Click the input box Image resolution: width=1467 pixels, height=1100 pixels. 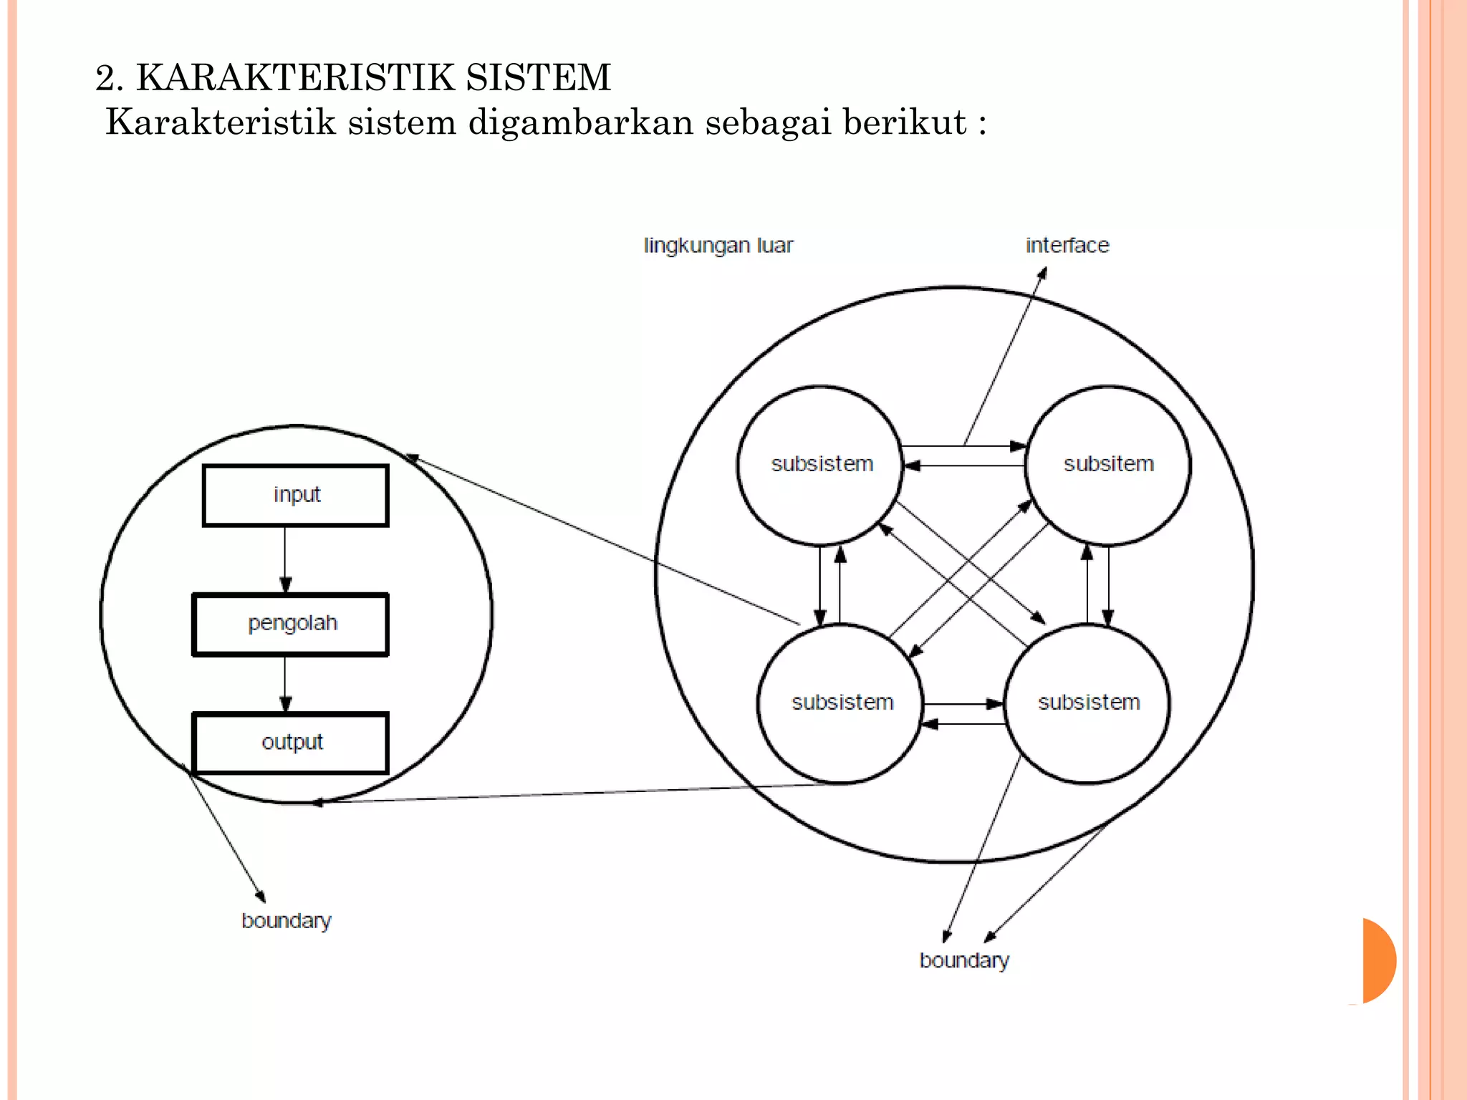point(296,495)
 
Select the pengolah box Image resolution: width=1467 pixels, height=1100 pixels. point(291,624)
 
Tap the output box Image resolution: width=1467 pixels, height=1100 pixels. point(291,743)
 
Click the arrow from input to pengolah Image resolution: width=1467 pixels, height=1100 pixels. point(285,559)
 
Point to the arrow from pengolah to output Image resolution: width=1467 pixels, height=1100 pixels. point(285,683)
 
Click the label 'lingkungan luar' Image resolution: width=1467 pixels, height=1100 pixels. point(718,246)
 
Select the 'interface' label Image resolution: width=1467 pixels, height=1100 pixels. point(1067,246)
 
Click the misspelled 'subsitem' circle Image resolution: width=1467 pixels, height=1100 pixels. point(1108,464)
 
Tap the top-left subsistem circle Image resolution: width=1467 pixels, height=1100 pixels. point(821,464)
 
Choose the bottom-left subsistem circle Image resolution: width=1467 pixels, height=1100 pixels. point(842,703)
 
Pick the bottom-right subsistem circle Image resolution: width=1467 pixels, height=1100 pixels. point(1088,703)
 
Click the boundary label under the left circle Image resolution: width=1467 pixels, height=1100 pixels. point(286,921)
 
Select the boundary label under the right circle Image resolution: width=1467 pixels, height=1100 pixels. point(963,960)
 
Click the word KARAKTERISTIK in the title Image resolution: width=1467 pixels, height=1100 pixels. point(294,77)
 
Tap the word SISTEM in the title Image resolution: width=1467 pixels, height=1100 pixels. point(538,77)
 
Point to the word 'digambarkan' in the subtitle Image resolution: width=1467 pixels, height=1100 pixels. point(580,122)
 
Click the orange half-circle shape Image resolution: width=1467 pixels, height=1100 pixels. point(1377,960)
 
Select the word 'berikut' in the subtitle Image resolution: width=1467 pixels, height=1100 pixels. point(904,122)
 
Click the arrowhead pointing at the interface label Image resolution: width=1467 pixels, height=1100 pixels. point(1043,273)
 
